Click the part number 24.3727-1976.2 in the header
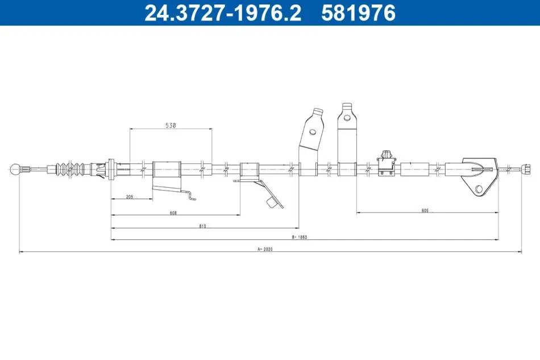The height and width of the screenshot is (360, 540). point(223,13)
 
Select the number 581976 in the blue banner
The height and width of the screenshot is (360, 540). point(358,13)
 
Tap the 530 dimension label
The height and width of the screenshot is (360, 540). point(171,125)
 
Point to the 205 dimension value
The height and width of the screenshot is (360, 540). point(130,197)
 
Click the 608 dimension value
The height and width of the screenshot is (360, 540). point(173,213)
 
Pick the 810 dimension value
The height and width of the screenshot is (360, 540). point(202,226)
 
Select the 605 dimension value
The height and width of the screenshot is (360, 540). point(425,210)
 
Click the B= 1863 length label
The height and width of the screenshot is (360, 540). point(299,237)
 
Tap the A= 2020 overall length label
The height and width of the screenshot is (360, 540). point(265,249)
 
